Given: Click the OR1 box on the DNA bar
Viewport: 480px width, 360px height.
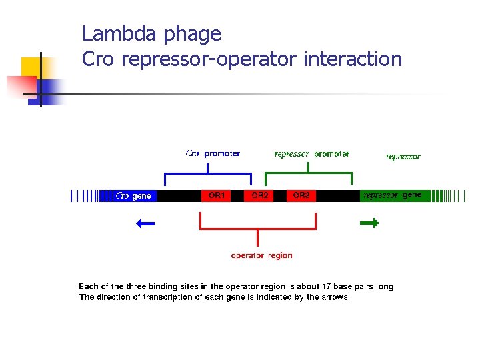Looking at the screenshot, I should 217,195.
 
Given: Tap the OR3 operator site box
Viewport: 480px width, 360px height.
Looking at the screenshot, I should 301,195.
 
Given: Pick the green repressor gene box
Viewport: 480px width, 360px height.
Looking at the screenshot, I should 393,195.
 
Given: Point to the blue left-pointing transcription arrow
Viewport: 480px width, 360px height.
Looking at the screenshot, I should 145,223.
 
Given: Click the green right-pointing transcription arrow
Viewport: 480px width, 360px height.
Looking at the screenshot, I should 369,223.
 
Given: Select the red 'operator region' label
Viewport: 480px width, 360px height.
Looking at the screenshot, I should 261,255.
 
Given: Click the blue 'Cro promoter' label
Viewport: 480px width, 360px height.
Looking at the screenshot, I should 213,153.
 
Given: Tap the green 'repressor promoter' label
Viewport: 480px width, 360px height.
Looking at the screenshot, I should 311,154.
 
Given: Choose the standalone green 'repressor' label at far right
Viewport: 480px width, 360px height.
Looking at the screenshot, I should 403,157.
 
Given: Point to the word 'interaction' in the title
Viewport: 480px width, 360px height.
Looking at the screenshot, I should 353,59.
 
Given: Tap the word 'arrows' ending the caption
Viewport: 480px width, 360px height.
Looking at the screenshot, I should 334,297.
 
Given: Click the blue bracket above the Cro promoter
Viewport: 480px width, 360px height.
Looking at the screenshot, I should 208,175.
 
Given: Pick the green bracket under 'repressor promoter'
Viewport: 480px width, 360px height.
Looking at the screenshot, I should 309,175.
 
